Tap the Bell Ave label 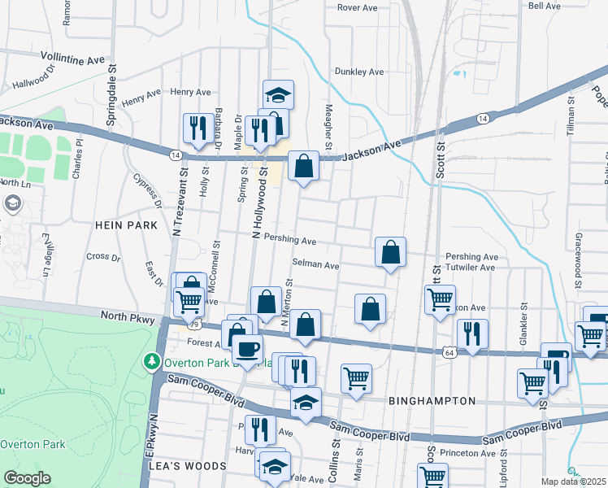pyautogui.click(x=544, y=6)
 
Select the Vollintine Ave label pyautogui.click(x=73, y=59)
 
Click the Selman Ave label pyautogui.click(x=315, y=265)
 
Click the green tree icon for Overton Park pyautogui.click(x=150, y=361)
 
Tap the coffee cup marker pyautogui.click(x=247, y=350)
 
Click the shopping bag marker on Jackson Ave pyautogui.click(x=303, y=167)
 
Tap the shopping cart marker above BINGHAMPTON pyautogui.click(x=356, y=377)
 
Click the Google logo pyautogui.click(x=27, y=478)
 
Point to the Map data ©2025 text pyautogui.click(x=573, y=481)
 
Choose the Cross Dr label pyautogui.click(x=102, y=257)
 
